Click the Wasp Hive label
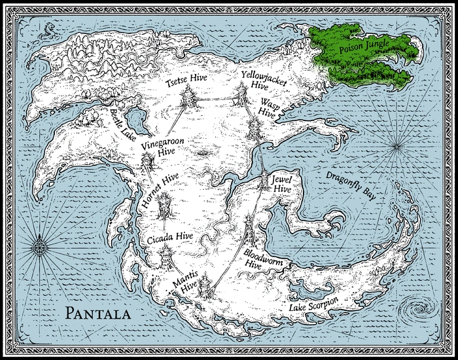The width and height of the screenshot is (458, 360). (270, 107)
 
